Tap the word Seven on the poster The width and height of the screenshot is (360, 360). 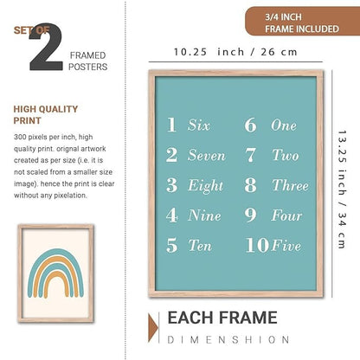206,156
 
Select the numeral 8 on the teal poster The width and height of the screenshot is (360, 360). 250,185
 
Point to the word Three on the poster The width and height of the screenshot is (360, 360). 289,185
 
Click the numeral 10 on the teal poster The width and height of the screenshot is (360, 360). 256,245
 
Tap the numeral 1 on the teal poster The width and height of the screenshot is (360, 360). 171,125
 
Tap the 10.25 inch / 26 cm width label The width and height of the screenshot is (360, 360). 235,52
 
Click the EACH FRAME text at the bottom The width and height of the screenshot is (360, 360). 222,318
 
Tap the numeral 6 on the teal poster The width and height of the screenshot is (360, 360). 250,125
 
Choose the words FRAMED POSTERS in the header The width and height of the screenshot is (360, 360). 91,53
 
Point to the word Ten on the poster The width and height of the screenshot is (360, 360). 200,245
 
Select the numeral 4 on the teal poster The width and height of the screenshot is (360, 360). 171,215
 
